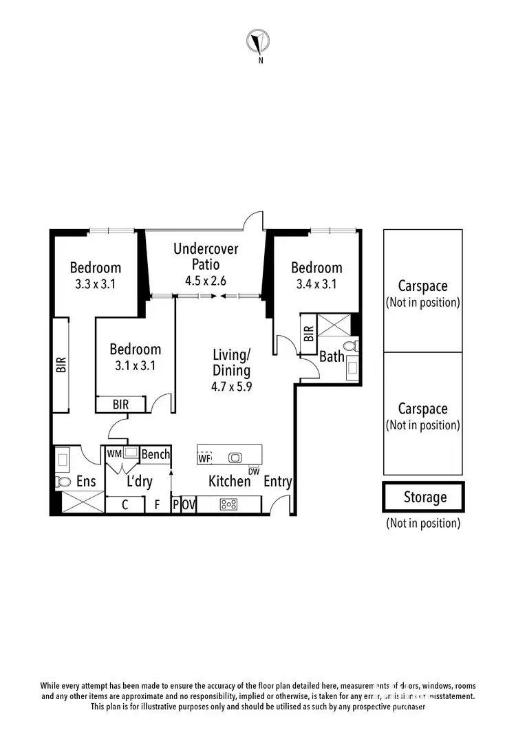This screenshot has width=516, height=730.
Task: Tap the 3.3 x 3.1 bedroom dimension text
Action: (96, 283)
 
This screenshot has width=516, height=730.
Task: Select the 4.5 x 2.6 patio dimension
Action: (206, 281)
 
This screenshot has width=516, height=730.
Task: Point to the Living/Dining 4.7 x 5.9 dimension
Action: (231, 386)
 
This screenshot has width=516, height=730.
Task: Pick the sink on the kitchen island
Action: (235, 457)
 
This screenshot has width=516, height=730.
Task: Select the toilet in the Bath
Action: (350, 346)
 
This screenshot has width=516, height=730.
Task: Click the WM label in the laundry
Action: (114, 454)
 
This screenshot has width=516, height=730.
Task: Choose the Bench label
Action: (155, 454)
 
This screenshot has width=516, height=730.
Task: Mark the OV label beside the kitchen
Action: (189, 504)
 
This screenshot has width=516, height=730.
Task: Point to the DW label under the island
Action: (254, 471)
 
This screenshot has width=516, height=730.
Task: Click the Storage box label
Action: (424, 497)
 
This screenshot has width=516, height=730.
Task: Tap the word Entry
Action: (278, 482)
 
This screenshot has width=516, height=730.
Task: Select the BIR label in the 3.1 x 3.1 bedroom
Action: (120, 405)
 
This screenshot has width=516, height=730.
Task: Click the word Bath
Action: (332, 356)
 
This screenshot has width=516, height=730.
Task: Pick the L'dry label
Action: (139, 482)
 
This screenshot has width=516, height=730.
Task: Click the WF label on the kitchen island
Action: (204, 458)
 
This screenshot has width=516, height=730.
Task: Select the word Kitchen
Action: (230, 481)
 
